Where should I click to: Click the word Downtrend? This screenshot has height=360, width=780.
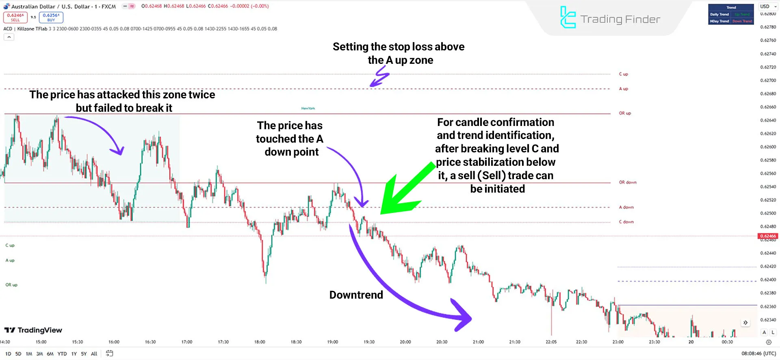[356, 295]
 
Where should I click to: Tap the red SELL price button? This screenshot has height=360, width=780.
[15, 17]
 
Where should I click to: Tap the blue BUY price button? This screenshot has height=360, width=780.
[51, 17]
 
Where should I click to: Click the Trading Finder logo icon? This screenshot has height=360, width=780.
[568, 17]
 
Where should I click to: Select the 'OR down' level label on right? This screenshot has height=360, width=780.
[627, 182]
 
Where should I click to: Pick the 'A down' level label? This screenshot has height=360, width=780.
[626, 207]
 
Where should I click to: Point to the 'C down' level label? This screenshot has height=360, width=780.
[626, 222]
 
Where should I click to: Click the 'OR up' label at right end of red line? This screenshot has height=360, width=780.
[625, 113]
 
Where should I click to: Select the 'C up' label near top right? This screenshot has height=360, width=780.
[623, 74]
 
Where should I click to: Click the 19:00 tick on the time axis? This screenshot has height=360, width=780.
[332, 342]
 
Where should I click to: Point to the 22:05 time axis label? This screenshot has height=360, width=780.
[551, 342]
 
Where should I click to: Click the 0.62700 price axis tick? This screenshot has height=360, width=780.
[768, 80]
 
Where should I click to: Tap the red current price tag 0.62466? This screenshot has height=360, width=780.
[768, 236]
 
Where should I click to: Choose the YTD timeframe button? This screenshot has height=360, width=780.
[62, 354]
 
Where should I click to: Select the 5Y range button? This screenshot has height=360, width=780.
[84, 354]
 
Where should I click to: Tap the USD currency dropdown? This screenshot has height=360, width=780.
[767, 7]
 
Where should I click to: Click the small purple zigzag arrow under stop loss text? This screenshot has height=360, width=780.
[380, 77]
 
